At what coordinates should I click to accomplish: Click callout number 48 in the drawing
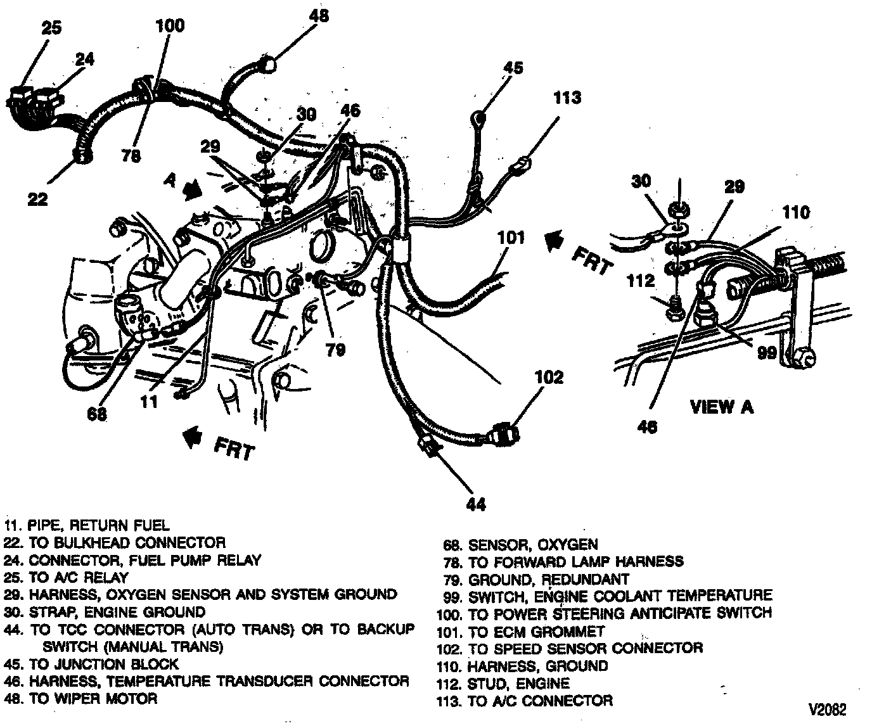(x=319, y=15)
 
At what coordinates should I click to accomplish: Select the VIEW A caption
(x=721, y=406)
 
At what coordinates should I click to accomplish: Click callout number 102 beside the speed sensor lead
(x=548, y=378)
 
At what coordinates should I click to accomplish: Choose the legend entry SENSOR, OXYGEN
(x=532, y=544)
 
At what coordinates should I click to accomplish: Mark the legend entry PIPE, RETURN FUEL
(x=98, y=525)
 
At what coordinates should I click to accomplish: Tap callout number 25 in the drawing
(x=52, y=29)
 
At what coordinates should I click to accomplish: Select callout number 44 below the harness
(x=475, y=504)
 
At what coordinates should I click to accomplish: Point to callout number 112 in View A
(x=642, y=279)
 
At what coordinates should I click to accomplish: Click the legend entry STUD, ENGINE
(x=518, y=684)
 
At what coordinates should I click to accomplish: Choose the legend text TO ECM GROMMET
(x=536, y=632)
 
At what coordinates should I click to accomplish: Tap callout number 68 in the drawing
(x=96, y=415)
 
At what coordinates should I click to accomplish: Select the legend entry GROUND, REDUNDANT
(x=548, y=579)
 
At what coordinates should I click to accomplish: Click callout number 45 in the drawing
(x=513, y=67)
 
